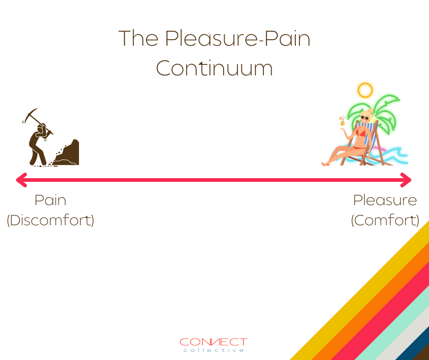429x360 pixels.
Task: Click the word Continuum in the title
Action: coord(214,68)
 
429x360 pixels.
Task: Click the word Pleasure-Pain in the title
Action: coord(237,38)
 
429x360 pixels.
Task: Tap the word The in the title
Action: coord(138,38)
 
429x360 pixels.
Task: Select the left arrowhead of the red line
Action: coord(21,180)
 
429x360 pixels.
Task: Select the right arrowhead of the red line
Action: coord(406,180)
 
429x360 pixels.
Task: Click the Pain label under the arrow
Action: coord(50,200)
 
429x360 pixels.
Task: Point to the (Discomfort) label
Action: coord(50,220)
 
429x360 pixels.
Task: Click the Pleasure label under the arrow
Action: coord(385,200)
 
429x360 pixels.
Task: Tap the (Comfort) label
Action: coord(385,220)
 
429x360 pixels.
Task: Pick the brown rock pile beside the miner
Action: coord(67,154)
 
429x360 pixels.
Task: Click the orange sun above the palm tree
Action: coord(365,90)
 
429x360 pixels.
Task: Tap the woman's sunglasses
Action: coord(365,118)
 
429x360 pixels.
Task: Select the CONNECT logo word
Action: coord(214,342)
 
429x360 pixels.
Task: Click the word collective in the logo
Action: coord(214,350)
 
